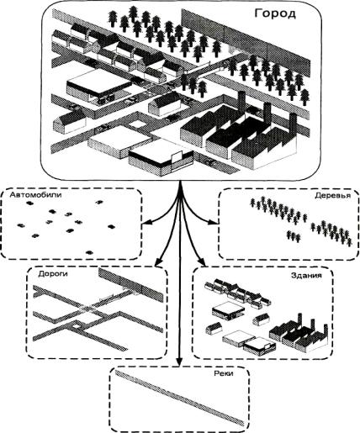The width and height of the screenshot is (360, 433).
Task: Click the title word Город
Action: (275, 13)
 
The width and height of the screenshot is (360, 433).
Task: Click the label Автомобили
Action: (35, 195)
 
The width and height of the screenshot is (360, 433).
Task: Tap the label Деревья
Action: (332, 195)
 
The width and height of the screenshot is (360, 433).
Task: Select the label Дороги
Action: (53, 273)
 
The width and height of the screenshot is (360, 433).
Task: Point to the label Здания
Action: (306, 275)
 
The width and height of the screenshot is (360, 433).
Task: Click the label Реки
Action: (224, 373)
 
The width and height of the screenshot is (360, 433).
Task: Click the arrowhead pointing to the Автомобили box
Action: (146, 223)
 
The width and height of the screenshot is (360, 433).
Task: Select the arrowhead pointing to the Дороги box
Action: (158, 262)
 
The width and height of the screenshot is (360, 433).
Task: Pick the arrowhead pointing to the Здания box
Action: (203, 262)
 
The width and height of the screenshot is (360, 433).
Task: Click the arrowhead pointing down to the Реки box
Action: (180, 362)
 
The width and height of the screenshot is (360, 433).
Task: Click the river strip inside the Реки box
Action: (179, 398)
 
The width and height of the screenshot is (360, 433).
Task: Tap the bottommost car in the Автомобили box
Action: (89, 252)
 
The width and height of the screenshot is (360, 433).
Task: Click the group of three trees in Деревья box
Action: (294, 236)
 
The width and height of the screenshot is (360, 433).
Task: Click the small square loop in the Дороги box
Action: (76, 326)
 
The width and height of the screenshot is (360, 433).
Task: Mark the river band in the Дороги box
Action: (130, 285)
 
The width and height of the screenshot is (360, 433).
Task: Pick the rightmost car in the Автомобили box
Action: (112, 226)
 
